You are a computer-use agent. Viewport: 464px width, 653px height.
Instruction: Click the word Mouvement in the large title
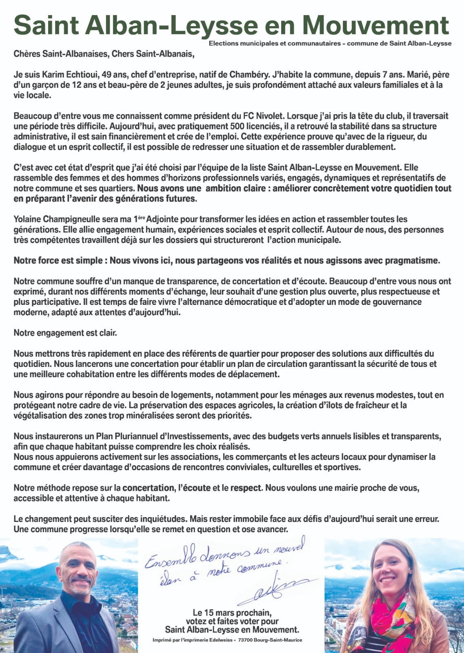point(375,25)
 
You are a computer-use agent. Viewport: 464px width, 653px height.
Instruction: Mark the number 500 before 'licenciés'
point(237,126)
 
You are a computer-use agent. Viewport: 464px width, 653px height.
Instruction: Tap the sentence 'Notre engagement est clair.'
point(65,333)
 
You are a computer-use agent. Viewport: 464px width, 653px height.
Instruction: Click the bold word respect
point(246,488)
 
